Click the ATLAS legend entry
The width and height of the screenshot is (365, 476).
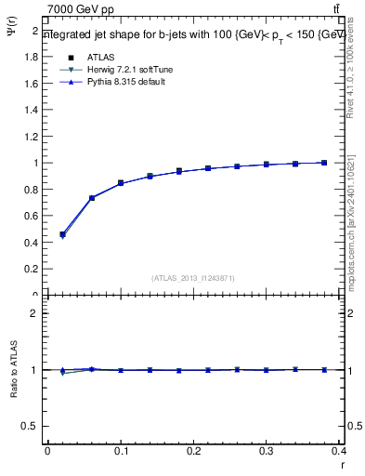pos(99,57)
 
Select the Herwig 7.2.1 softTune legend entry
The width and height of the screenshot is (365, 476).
pos(124,70)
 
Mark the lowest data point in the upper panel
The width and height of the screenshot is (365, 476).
pos(62,234)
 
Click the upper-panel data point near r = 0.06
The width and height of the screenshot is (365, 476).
pos(92,198)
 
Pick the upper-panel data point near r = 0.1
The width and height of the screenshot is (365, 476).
pos(121,183)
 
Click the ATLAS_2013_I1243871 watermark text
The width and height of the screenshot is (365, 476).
pos(193,278)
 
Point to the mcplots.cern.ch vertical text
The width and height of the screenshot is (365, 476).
pos(356,223)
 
